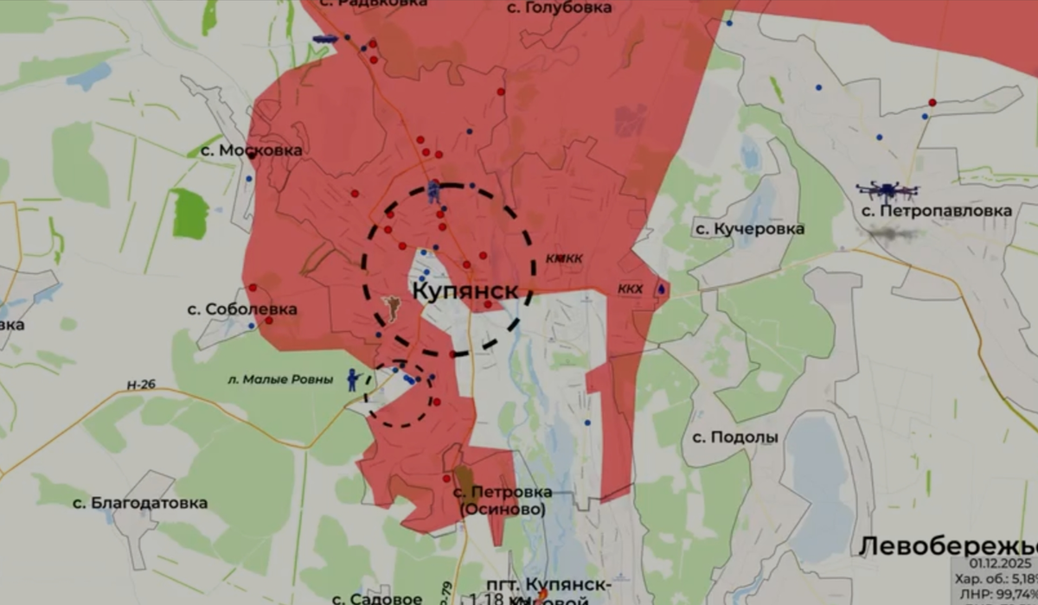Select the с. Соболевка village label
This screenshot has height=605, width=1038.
click(x=242, y=309)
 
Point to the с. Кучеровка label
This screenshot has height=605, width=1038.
click(x=750, y=229)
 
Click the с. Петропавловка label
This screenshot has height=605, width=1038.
click(x=937, y=211)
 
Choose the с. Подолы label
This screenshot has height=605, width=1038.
click(x=734, y=437)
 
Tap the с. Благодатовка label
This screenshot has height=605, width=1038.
click(x=139, y=503)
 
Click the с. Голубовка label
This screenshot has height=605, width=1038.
click(x=559, y=8)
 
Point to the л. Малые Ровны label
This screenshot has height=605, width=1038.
click(x=279, y=379)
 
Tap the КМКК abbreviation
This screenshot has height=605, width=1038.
click(x=564, y=258)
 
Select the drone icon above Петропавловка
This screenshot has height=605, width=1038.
click(x=887, y=190)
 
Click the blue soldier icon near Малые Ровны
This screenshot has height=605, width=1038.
click(x=353, y=380)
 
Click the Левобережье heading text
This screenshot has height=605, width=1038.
click(x=948, y=546)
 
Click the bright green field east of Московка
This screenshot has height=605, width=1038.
click(x=190, y=213)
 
